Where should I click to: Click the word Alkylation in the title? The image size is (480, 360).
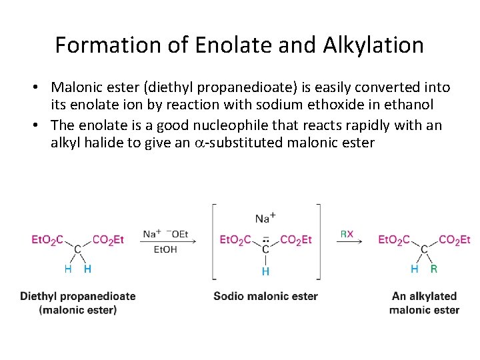[373, 45]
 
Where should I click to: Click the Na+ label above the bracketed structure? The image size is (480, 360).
[265, 218]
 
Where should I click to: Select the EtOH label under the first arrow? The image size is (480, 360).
[165, 249]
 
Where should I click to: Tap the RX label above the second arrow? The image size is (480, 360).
[347, 234]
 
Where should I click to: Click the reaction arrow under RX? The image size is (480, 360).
[349, 241]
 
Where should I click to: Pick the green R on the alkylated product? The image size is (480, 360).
[434, 269]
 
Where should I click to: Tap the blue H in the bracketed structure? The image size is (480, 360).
[265, 271]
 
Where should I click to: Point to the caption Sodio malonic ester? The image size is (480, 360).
[265, 296]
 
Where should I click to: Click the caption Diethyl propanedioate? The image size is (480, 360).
[78, 296]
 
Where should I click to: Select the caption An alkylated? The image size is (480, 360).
[424, 296]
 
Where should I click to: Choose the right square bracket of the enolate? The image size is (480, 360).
[318, 241]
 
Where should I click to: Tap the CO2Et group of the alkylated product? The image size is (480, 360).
[454, 240]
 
